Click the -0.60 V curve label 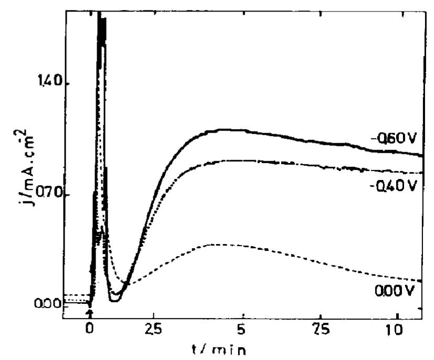point(393,139)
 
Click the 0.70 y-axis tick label point(48,195)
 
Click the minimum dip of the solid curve point(115,300)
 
